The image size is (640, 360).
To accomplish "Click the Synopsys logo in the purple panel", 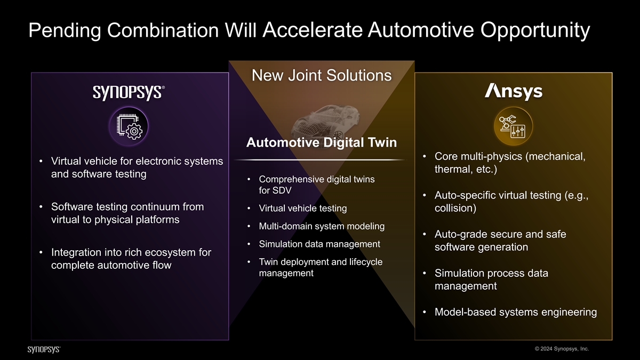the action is click(129, 93).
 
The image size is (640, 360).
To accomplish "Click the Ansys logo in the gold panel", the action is click(514, 92).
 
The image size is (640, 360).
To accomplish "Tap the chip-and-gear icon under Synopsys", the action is click(129, 126).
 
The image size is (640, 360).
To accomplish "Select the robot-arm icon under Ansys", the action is click(513, 126).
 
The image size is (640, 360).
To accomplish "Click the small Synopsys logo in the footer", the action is click(44, 349).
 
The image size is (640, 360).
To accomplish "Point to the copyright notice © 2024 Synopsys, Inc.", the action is click(562, 349).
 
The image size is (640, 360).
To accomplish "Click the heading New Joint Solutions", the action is click(322, 75).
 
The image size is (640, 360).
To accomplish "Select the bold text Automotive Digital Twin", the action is click(322, 142).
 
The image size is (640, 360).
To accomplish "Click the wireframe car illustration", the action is click(324, 122).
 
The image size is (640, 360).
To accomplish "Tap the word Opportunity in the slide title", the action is click(535, 30).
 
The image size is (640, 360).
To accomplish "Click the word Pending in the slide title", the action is click(65, 30).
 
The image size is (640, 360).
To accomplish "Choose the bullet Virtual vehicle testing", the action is click(303, 209).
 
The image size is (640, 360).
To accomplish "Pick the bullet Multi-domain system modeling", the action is click(322, 226).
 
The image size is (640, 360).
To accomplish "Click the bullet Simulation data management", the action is click(319, 244).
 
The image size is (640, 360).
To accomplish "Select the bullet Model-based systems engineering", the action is click(516, 312).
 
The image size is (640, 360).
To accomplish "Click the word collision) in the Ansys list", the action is click(455, 208).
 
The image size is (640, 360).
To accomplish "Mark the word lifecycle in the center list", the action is click(366, 262).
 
